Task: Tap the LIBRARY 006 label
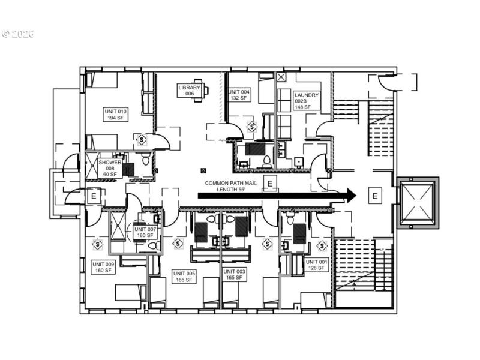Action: tap(189, 91)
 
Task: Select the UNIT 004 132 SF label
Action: tap(239, 95)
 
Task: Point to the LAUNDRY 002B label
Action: tap(307, 101)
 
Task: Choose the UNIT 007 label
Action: tap(145, 232)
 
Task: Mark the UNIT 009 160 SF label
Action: tap(102, 267)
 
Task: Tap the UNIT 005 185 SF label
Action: tap(184, 276)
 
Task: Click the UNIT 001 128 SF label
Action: tap(317, 265)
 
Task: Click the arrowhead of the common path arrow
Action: tap(349, 195)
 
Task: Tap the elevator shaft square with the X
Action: tap(418, 202)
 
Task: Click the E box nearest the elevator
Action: tap(375, 195)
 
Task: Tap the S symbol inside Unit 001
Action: tap(322, 245)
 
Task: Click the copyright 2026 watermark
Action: tap(17, 34)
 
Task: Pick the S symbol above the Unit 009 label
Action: tap(97, 244)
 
